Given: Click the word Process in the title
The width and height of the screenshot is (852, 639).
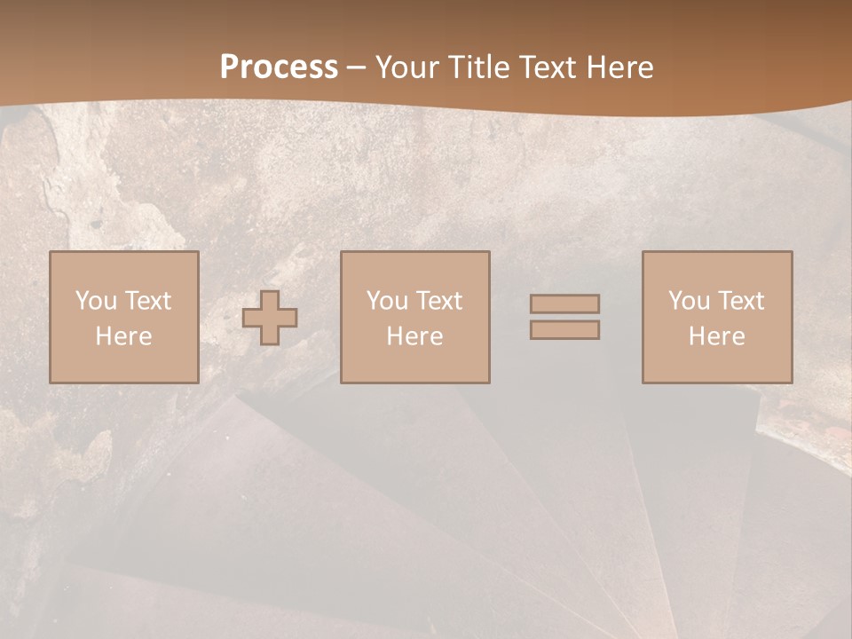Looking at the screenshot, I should [x=279, y=67].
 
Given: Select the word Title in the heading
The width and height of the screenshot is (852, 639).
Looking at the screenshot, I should [x=480, y=67].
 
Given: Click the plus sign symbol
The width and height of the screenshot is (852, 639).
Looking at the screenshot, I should [x=270, y=318].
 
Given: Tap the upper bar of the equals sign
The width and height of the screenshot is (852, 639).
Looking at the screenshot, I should [x=564, y=304].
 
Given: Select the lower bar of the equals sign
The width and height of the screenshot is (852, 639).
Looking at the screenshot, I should [x=564, y=330].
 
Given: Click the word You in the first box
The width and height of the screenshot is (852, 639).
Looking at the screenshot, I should [x=96, y=301].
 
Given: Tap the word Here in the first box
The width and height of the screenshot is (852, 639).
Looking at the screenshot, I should [x=123, y=336].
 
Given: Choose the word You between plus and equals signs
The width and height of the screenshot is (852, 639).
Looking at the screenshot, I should [x=387, y=301].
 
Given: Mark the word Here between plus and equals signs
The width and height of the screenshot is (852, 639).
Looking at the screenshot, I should [x=414, y=336].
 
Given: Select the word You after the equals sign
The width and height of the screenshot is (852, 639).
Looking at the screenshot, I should [x=689, y=301].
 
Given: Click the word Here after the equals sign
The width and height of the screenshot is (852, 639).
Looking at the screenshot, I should [x=716, y=336].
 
